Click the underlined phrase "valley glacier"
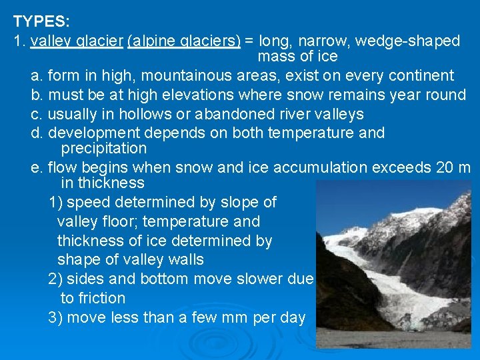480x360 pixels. click(77, 41)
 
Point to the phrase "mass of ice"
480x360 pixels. click(297, 56)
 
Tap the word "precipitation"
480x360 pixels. click(103, 147)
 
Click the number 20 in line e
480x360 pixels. click(445, 167)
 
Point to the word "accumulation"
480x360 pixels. click(297, 167)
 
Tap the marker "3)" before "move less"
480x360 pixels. click(55, 317)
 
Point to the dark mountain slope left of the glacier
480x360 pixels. click(343, 293)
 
